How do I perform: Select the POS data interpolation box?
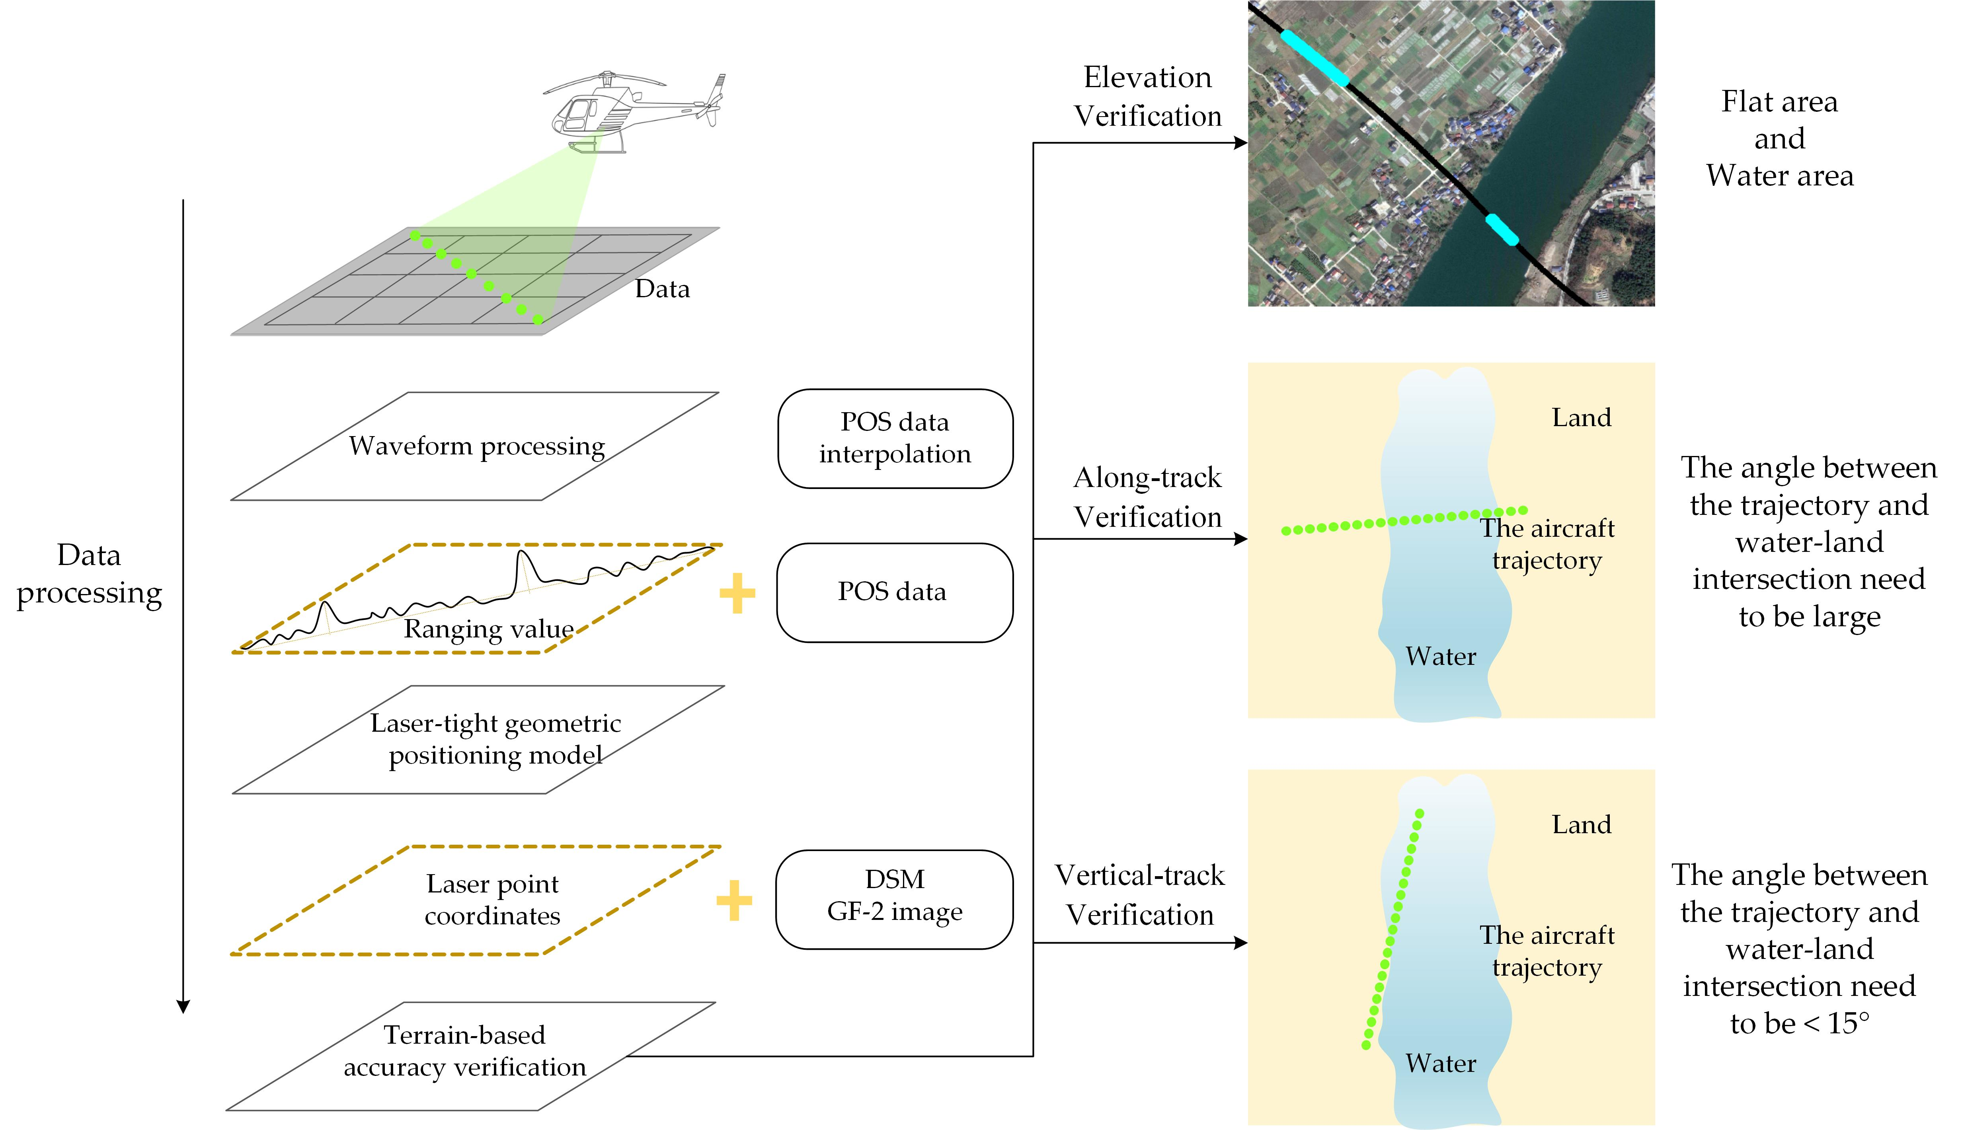tap(895, 438)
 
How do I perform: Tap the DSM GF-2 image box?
tap(895, 899)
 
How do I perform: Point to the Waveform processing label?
tap(476, 446)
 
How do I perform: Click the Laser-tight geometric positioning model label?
tap(495, 739)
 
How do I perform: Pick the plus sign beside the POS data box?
tap(737, 594)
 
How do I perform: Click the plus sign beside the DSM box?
tap(734, 900)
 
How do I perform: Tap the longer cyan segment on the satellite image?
tap(1314, 56)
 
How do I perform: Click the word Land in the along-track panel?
tap(1581, 417)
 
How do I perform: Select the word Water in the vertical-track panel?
tap(1440, 1063)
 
